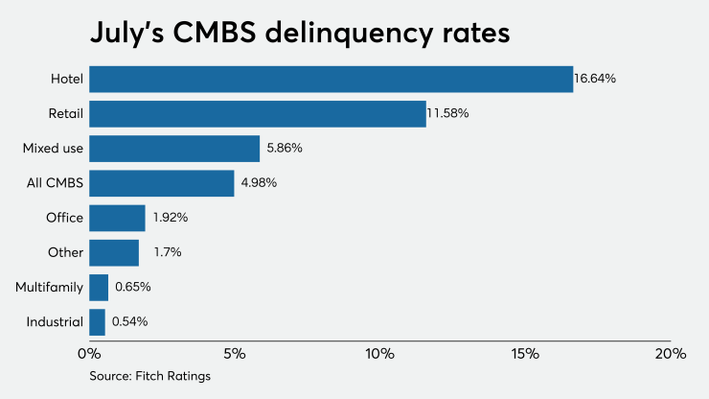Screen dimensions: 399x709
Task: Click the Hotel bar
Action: pos(331,79)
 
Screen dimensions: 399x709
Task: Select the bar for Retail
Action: pos(257,114)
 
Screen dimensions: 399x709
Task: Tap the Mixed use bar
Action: pos(174,149)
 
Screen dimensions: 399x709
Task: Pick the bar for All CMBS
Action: pos(161,183)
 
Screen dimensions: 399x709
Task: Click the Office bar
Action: pos(117,218)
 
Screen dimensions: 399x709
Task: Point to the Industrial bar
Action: pos(97,321)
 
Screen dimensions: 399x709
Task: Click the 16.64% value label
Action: pos(595,79)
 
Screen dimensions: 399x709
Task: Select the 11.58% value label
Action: pos(448,114)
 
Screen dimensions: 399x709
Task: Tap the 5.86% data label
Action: pos(284,149)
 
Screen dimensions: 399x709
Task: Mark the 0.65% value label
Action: pos(133,287)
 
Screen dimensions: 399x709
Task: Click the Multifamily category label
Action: pos(49,287)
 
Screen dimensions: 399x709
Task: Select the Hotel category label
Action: pos(67,79)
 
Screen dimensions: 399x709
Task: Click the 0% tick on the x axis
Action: pos(88,353)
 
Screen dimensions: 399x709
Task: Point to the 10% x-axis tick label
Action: pos(379,353)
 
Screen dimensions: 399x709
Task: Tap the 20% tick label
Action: pos(670,353)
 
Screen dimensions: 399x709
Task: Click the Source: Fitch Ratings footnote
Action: pos(149,376)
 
